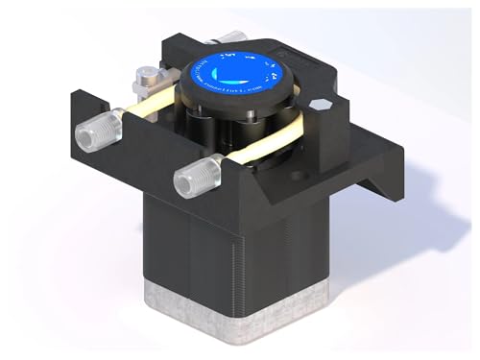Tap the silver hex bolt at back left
click(150, 76)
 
